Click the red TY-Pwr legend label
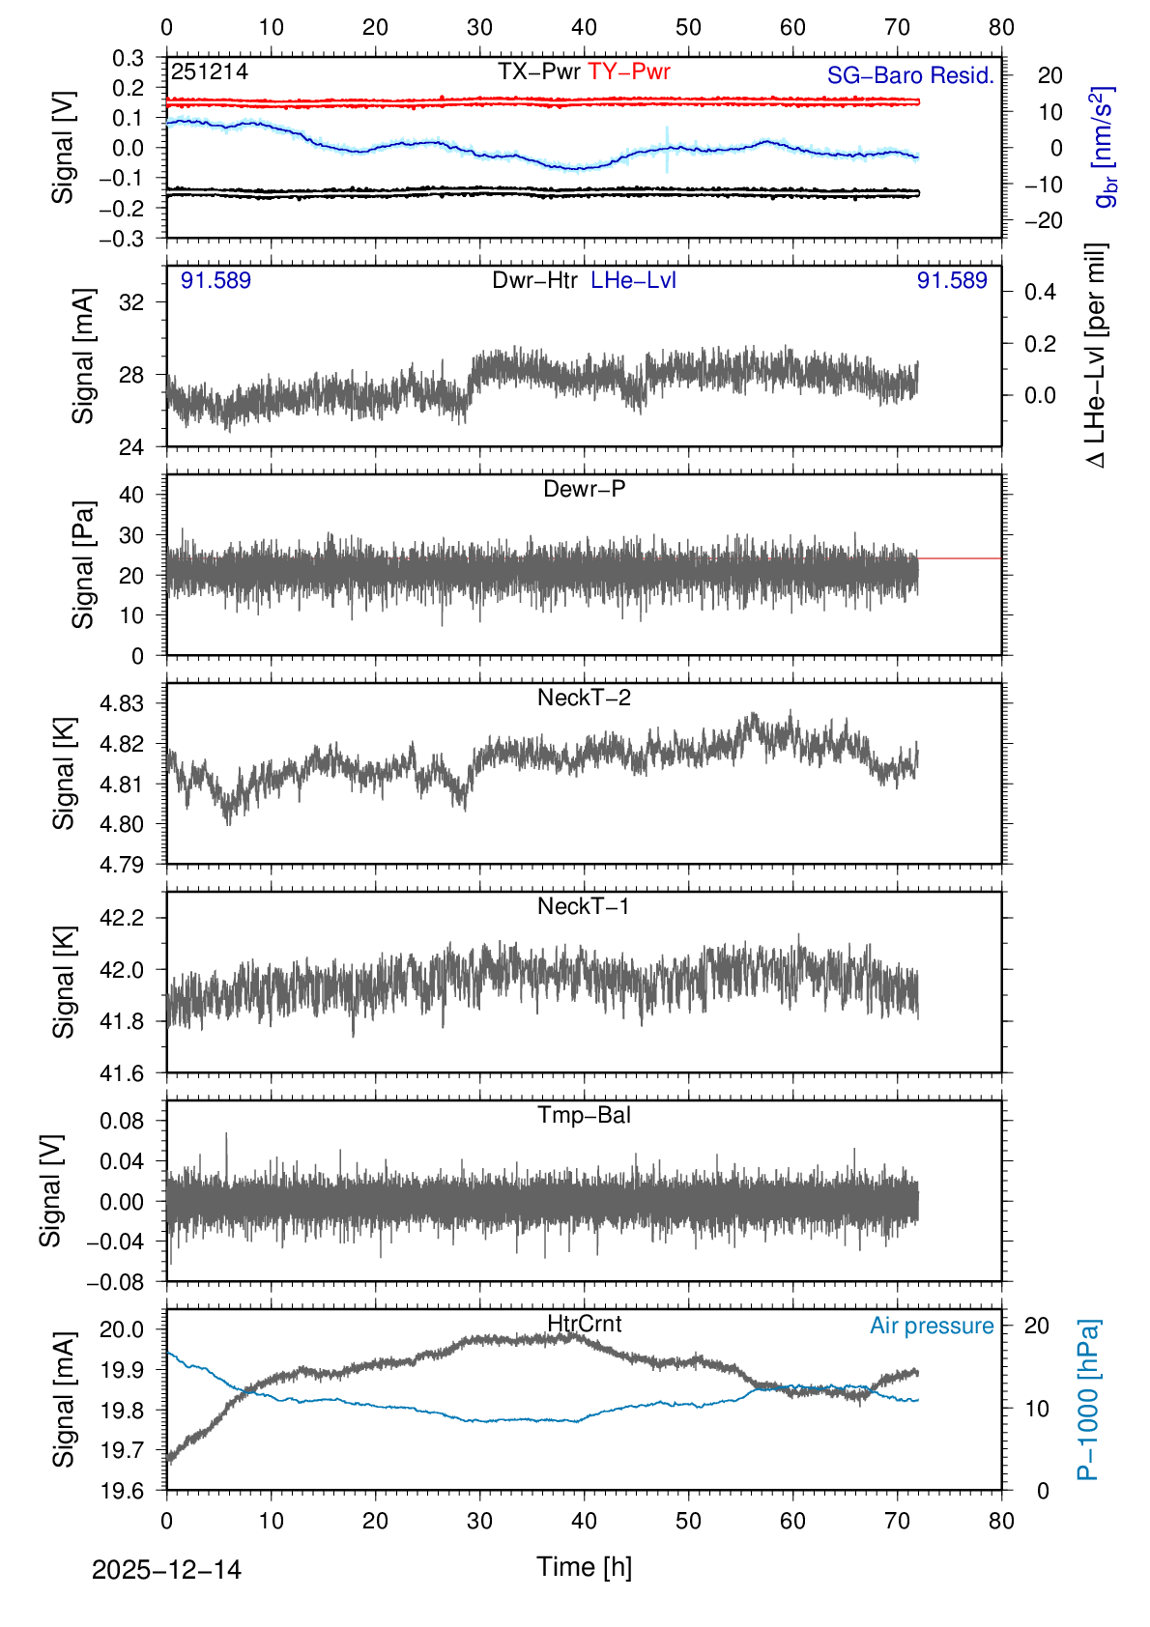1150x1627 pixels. tap(628, 71)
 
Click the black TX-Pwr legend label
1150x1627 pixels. tap(539, 71)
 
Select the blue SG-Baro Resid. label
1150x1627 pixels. tap(910, 75)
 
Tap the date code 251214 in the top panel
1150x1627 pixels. tap(210, 71)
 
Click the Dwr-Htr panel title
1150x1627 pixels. tap(534, 280)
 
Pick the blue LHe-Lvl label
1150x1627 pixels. tap(633, 280)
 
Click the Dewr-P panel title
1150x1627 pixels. tap(584, 489)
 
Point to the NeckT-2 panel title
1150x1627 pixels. tap(584, 698)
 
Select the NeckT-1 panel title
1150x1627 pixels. tap(584, 906)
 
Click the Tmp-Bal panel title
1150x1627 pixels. tap(584, 1115)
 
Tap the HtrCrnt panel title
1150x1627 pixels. tap(584, 1324)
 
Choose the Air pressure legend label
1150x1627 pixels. tap(932, 1326)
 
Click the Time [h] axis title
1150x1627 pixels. tap(584, 1566)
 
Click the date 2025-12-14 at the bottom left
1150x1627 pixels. tap(166, 1569)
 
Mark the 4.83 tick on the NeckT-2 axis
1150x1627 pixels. tap(122, 703)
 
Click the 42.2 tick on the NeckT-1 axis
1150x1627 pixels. tap(122, 918)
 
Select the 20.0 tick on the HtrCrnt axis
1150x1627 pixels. tap(122, 1329)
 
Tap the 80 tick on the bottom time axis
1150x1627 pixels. tap(1001, 1521)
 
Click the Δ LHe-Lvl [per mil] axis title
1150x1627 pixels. tap(1096, 356)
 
